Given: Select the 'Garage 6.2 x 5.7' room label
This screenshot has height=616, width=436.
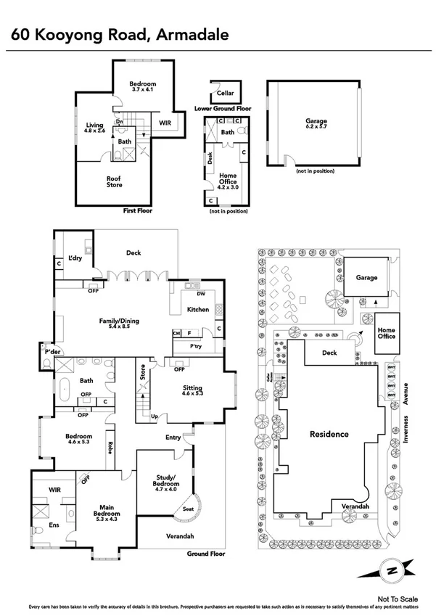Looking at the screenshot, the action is [x=316, y=125].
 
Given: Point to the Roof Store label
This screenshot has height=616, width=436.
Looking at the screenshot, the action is [x=114, y=181].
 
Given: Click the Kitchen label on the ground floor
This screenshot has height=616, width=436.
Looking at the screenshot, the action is [x=198, y=310].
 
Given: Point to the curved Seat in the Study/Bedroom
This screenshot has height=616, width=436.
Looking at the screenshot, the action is [x=189, y=509].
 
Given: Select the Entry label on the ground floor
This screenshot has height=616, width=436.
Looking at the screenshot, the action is [x=173, y=438].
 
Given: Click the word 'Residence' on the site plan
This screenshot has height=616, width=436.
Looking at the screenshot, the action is [x=329, y=434].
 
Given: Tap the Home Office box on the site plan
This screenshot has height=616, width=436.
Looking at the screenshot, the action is [x=386, y=333].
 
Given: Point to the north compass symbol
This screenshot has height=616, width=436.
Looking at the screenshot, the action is [x=391, y=570].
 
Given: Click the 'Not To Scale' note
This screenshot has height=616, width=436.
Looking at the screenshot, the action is [x=394, y=598].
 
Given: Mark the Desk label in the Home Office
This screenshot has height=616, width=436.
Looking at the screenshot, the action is [x=210, y=157].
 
